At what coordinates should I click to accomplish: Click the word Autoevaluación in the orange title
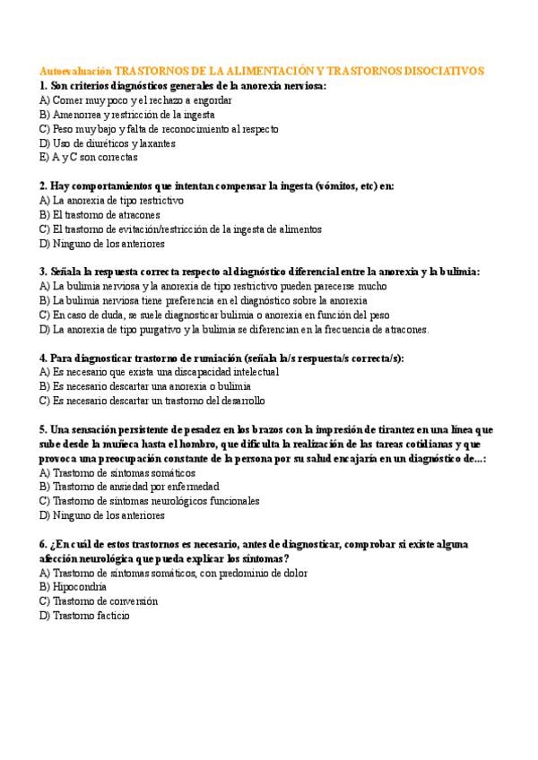pos(76,70)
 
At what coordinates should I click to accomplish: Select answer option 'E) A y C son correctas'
pos(89,157)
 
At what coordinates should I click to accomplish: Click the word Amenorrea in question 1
pos(77,115)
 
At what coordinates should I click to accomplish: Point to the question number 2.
pos(43,186)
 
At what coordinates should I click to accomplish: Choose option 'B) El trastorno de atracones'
pos(100,215)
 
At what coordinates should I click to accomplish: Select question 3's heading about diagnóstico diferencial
pos(259,272)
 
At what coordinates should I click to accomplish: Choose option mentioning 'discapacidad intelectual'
pos(160,371)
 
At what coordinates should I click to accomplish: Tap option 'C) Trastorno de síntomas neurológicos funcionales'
pos(150,501)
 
